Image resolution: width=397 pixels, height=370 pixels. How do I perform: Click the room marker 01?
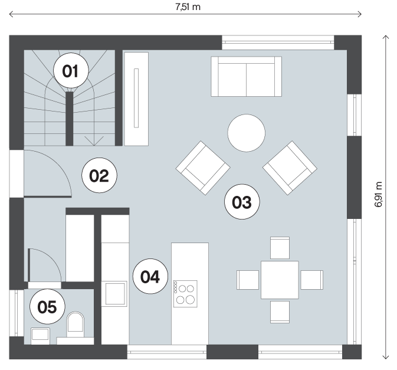[x=71, y=71]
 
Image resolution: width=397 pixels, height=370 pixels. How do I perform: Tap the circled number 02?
[x=99, y=175]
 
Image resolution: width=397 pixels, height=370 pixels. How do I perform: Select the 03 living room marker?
[x=242, y=202]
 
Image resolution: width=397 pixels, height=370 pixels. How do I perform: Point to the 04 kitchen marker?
[x=150, y=276]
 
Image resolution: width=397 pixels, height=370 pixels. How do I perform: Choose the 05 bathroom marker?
[x=47, y=306]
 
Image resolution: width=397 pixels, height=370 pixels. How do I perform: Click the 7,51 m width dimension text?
[x=188, y=7]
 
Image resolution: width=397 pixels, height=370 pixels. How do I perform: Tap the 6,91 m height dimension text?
[x=378, y=194]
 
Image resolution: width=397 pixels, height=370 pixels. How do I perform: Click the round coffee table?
[x=247, y=133]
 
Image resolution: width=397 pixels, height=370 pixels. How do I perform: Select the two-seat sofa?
[x=247, y=77]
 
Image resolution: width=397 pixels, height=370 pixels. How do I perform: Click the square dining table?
[x=280, y=280]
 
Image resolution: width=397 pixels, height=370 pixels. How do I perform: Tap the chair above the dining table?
[x=280, y=248]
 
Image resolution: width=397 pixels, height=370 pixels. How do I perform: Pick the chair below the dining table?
[x=280, y=312]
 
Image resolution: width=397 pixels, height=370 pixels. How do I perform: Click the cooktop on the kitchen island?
[x=185, y=294]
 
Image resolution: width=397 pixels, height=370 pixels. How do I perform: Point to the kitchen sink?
[x=114, y=294]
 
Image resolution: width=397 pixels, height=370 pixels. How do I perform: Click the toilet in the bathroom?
[x=75, y=325]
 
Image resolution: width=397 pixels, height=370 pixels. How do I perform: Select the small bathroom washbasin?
[x=41, y=336]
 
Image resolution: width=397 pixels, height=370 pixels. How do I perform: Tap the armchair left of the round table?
[x=203, y=168]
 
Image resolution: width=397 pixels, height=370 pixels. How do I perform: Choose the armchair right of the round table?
[x=290, y=168]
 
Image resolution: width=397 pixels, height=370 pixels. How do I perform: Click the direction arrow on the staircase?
[x=94, y=141]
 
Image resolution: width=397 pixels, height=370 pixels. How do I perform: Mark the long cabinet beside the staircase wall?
[x=136, y=99]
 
